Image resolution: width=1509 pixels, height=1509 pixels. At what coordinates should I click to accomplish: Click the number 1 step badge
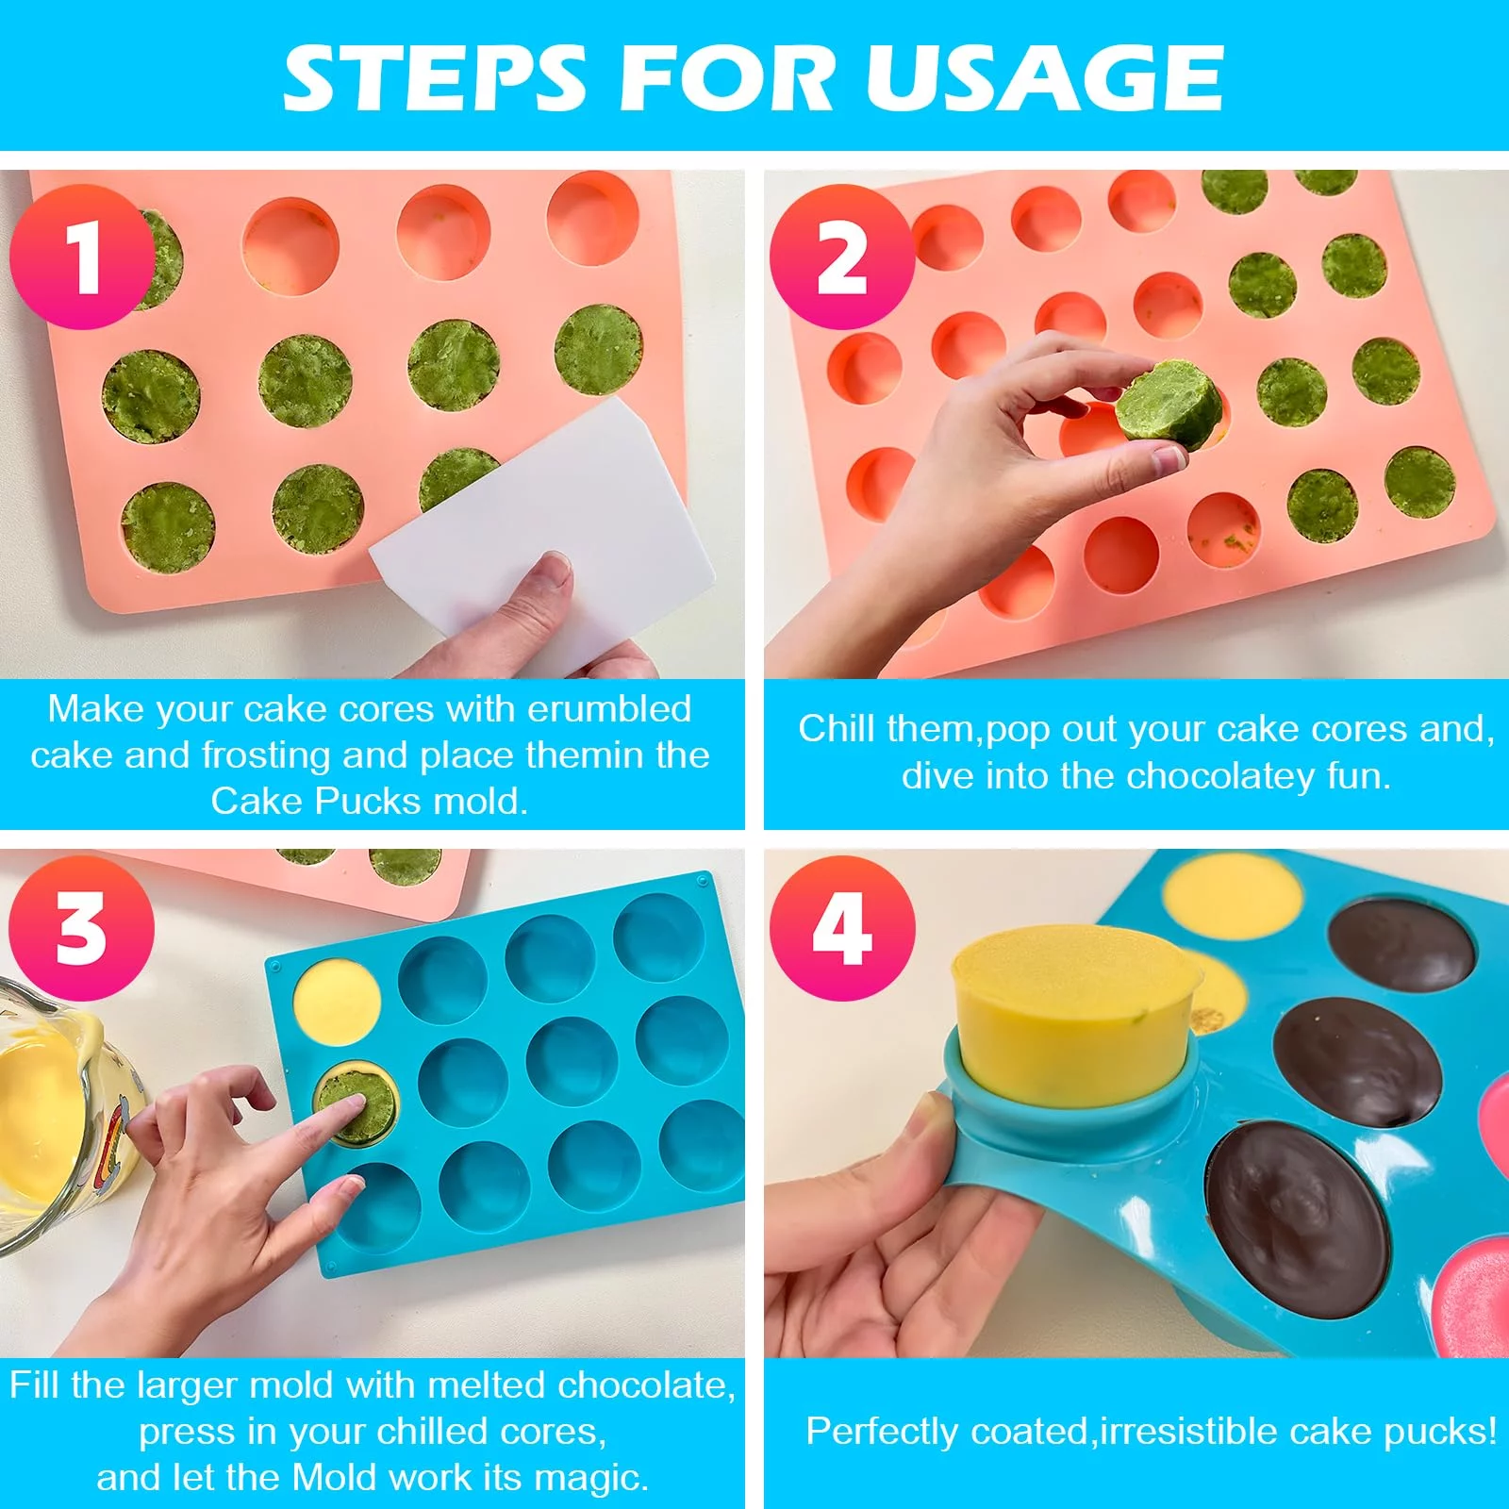(82, 257)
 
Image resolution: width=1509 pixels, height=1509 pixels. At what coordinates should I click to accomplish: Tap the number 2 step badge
(842, 257)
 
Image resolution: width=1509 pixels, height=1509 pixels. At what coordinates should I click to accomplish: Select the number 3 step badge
(82, 928)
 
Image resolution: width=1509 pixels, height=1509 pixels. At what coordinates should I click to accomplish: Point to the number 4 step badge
(842, 928)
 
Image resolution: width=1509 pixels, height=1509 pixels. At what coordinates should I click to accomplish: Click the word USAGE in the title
(1045, 78)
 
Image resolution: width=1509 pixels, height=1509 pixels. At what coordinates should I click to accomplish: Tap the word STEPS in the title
(435, 78)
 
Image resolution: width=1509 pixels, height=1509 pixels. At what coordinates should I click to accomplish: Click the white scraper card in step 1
(542, 528)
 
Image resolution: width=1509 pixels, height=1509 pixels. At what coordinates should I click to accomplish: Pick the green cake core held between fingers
(1169, 405)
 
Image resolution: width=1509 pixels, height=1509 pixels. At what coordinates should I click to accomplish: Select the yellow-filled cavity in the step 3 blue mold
(338, 1002)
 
